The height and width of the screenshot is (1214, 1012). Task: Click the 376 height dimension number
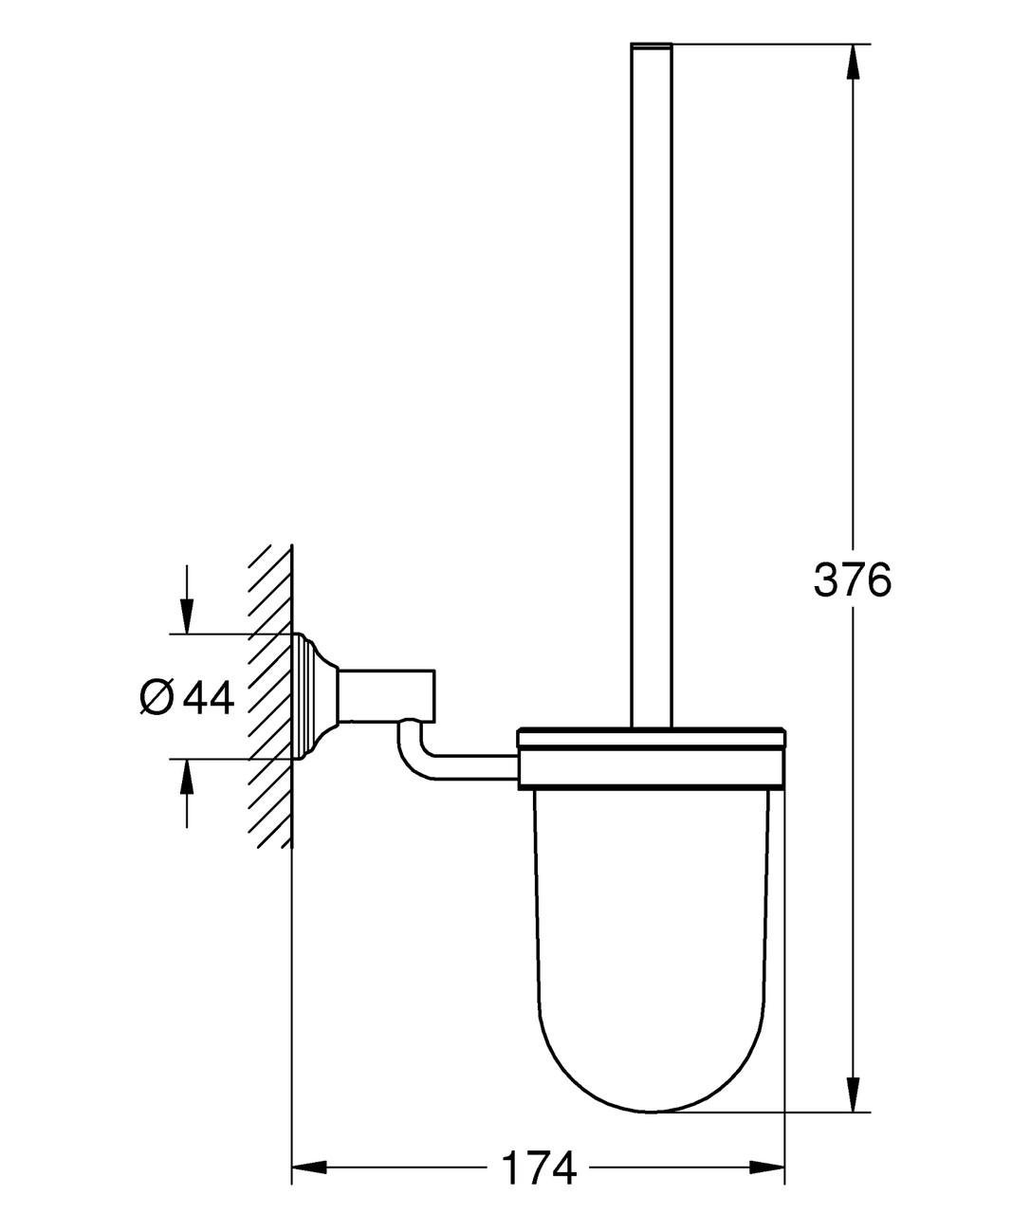[x=852, y=579]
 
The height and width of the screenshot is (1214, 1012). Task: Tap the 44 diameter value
[x=209, y=698]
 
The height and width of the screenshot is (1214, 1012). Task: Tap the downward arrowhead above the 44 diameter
[x=186, y=616]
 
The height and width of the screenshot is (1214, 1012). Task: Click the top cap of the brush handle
[x=652, y=46]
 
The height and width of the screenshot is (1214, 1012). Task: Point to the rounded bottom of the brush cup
[x=652, y=1040]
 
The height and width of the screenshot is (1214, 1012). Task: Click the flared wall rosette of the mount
[x=315, y=696]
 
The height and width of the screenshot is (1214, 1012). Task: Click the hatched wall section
[x=269, y=696]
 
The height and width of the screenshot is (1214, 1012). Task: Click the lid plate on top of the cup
[x=652, y=737]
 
